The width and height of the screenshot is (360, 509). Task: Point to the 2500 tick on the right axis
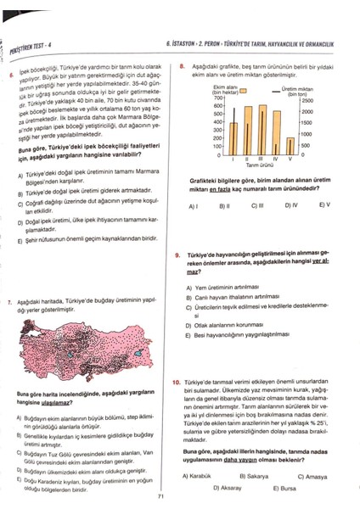click(x=307, y=100)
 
